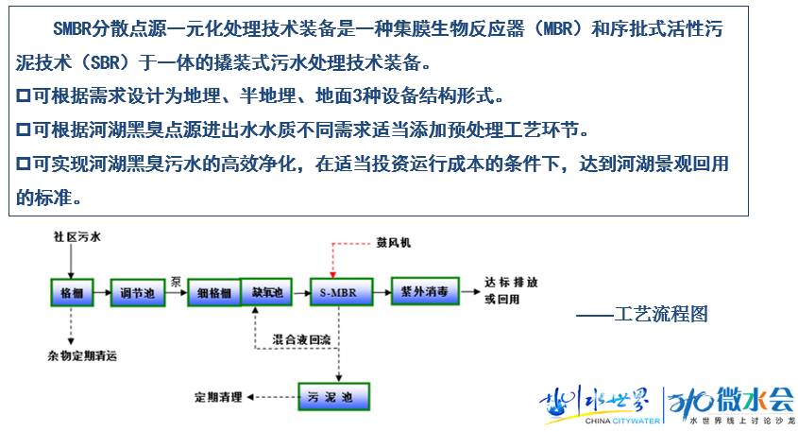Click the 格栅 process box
pos(72,292)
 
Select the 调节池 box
pos(137,293)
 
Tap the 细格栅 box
pos(213,293)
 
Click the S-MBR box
pos(337,292)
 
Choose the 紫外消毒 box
pos(424,292)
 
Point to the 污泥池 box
pos(333,395)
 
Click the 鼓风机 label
pos(395,243)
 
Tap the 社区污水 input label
pos(76,236)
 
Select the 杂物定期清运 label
pos(86,356)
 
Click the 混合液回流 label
pos(302,337)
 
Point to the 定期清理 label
pos(218,395)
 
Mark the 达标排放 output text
pos(512,282)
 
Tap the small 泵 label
pos(176,281)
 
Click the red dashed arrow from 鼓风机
pos(333,260)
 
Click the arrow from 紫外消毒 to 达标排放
pos(469,293)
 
